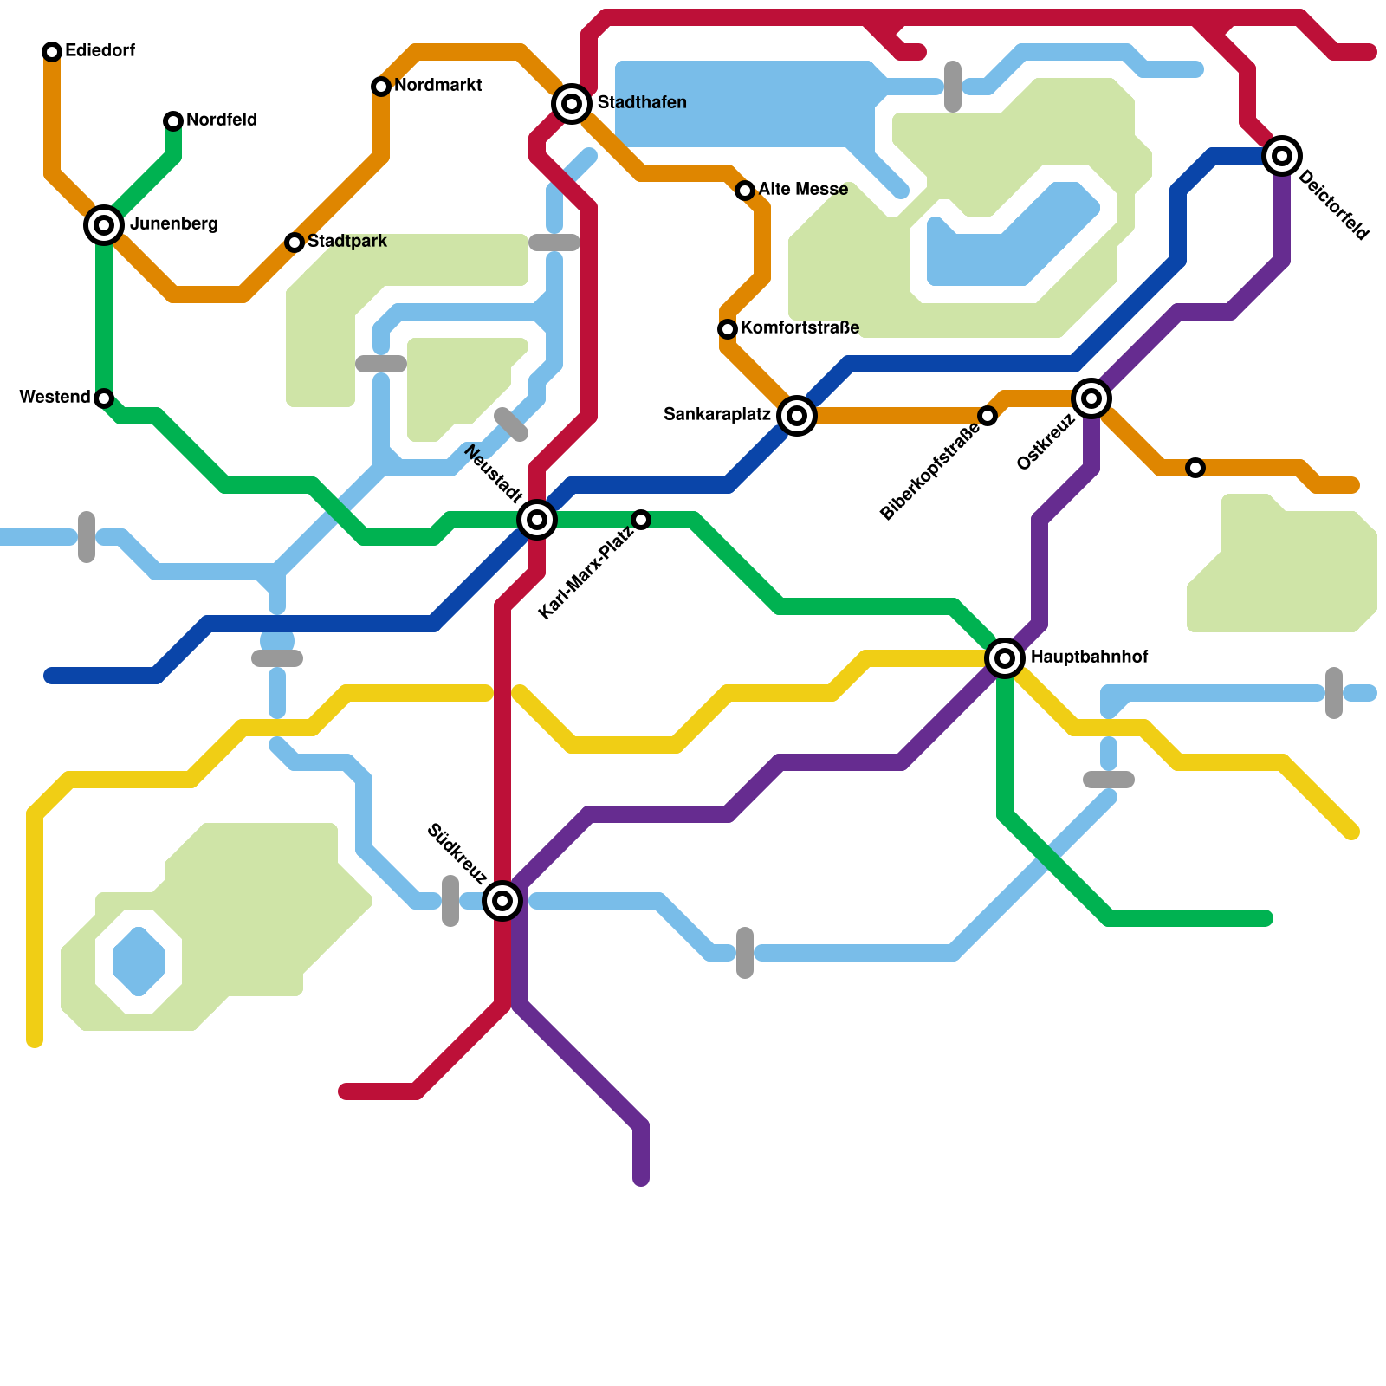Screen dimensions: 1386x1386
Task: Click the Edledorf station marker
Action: [x=52, y=52]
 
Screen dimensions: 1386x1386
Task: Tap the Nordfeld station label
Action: [x=221, y=120]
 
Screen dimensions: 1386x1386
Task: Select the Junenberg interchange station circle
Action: [x=104, y=225]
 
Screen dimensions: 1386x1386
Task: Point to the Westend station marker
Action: [x=104, y=398]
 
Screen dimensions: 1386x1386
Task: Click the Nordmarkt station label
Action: [x=437, y=86]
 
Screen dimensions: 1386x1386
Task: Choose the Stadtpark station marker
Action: [x=295, y=243]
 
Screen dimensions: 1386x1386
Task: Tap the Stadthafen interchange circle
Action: [x=572, y=104]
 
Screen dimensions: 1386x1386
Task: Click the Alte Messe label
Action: [x=803, y=190]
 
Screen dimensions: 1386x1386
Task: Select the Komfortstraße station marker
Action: [x=728, y=329]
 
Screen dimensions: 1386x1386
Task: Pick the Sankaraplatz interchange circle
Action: [x=797, y=416]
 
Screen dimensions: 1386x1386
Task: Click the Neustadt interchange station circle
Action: [x=537, y=520]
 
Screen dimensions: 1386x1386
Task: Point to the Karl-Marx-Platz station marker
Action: [x=641, y=520]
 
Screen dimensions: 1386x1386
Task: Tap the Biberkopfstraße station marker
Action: [x=988, y=416]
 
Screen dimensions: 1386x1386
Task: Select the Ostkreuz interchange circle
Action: [x=1091, y=398]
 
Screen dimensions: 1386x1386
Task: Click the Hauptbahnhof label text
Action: [x=1089, y=657]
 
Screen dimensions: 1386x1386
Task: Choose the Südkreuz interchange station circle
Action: [x=502, y=901]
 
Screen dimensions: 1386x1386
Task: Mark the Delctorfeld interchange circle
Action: [x=1282, y=156]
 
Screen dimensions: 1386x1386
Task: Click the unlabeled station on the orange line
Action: [x=1195, y=468]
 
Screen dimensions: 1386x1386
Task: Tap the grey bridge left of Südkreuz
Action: [x=450, y=901]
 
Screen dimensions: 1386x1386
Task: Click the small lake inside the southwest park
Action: [x=139, y=962]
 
